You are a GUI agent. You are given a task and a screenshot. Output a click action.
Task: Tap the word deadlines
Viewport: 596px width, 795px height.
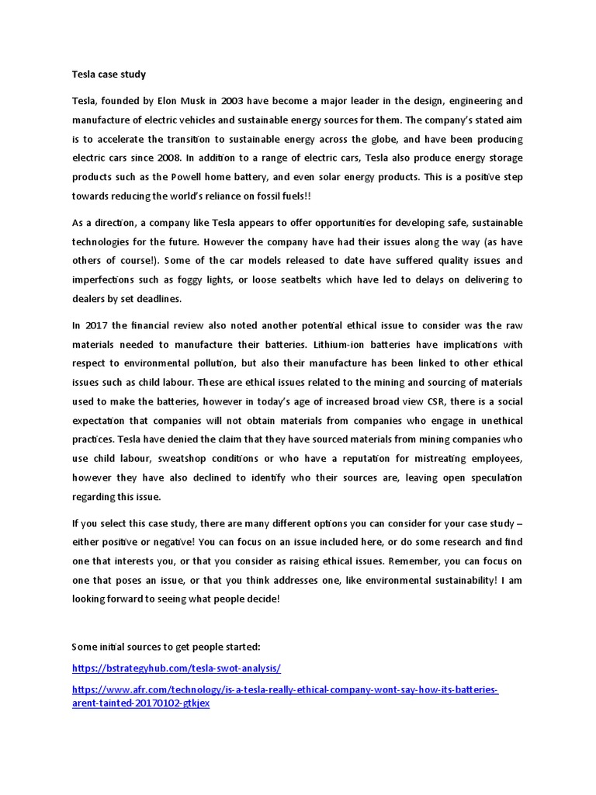pos(161,298)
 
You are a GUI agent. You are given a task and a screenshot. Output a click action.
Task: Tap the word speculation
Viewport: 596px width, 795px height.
pos(493,477)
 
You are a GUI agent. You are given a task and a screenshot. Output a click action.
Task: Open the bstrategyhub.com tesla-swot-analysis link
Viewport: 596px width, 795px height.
pos(176,668)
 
